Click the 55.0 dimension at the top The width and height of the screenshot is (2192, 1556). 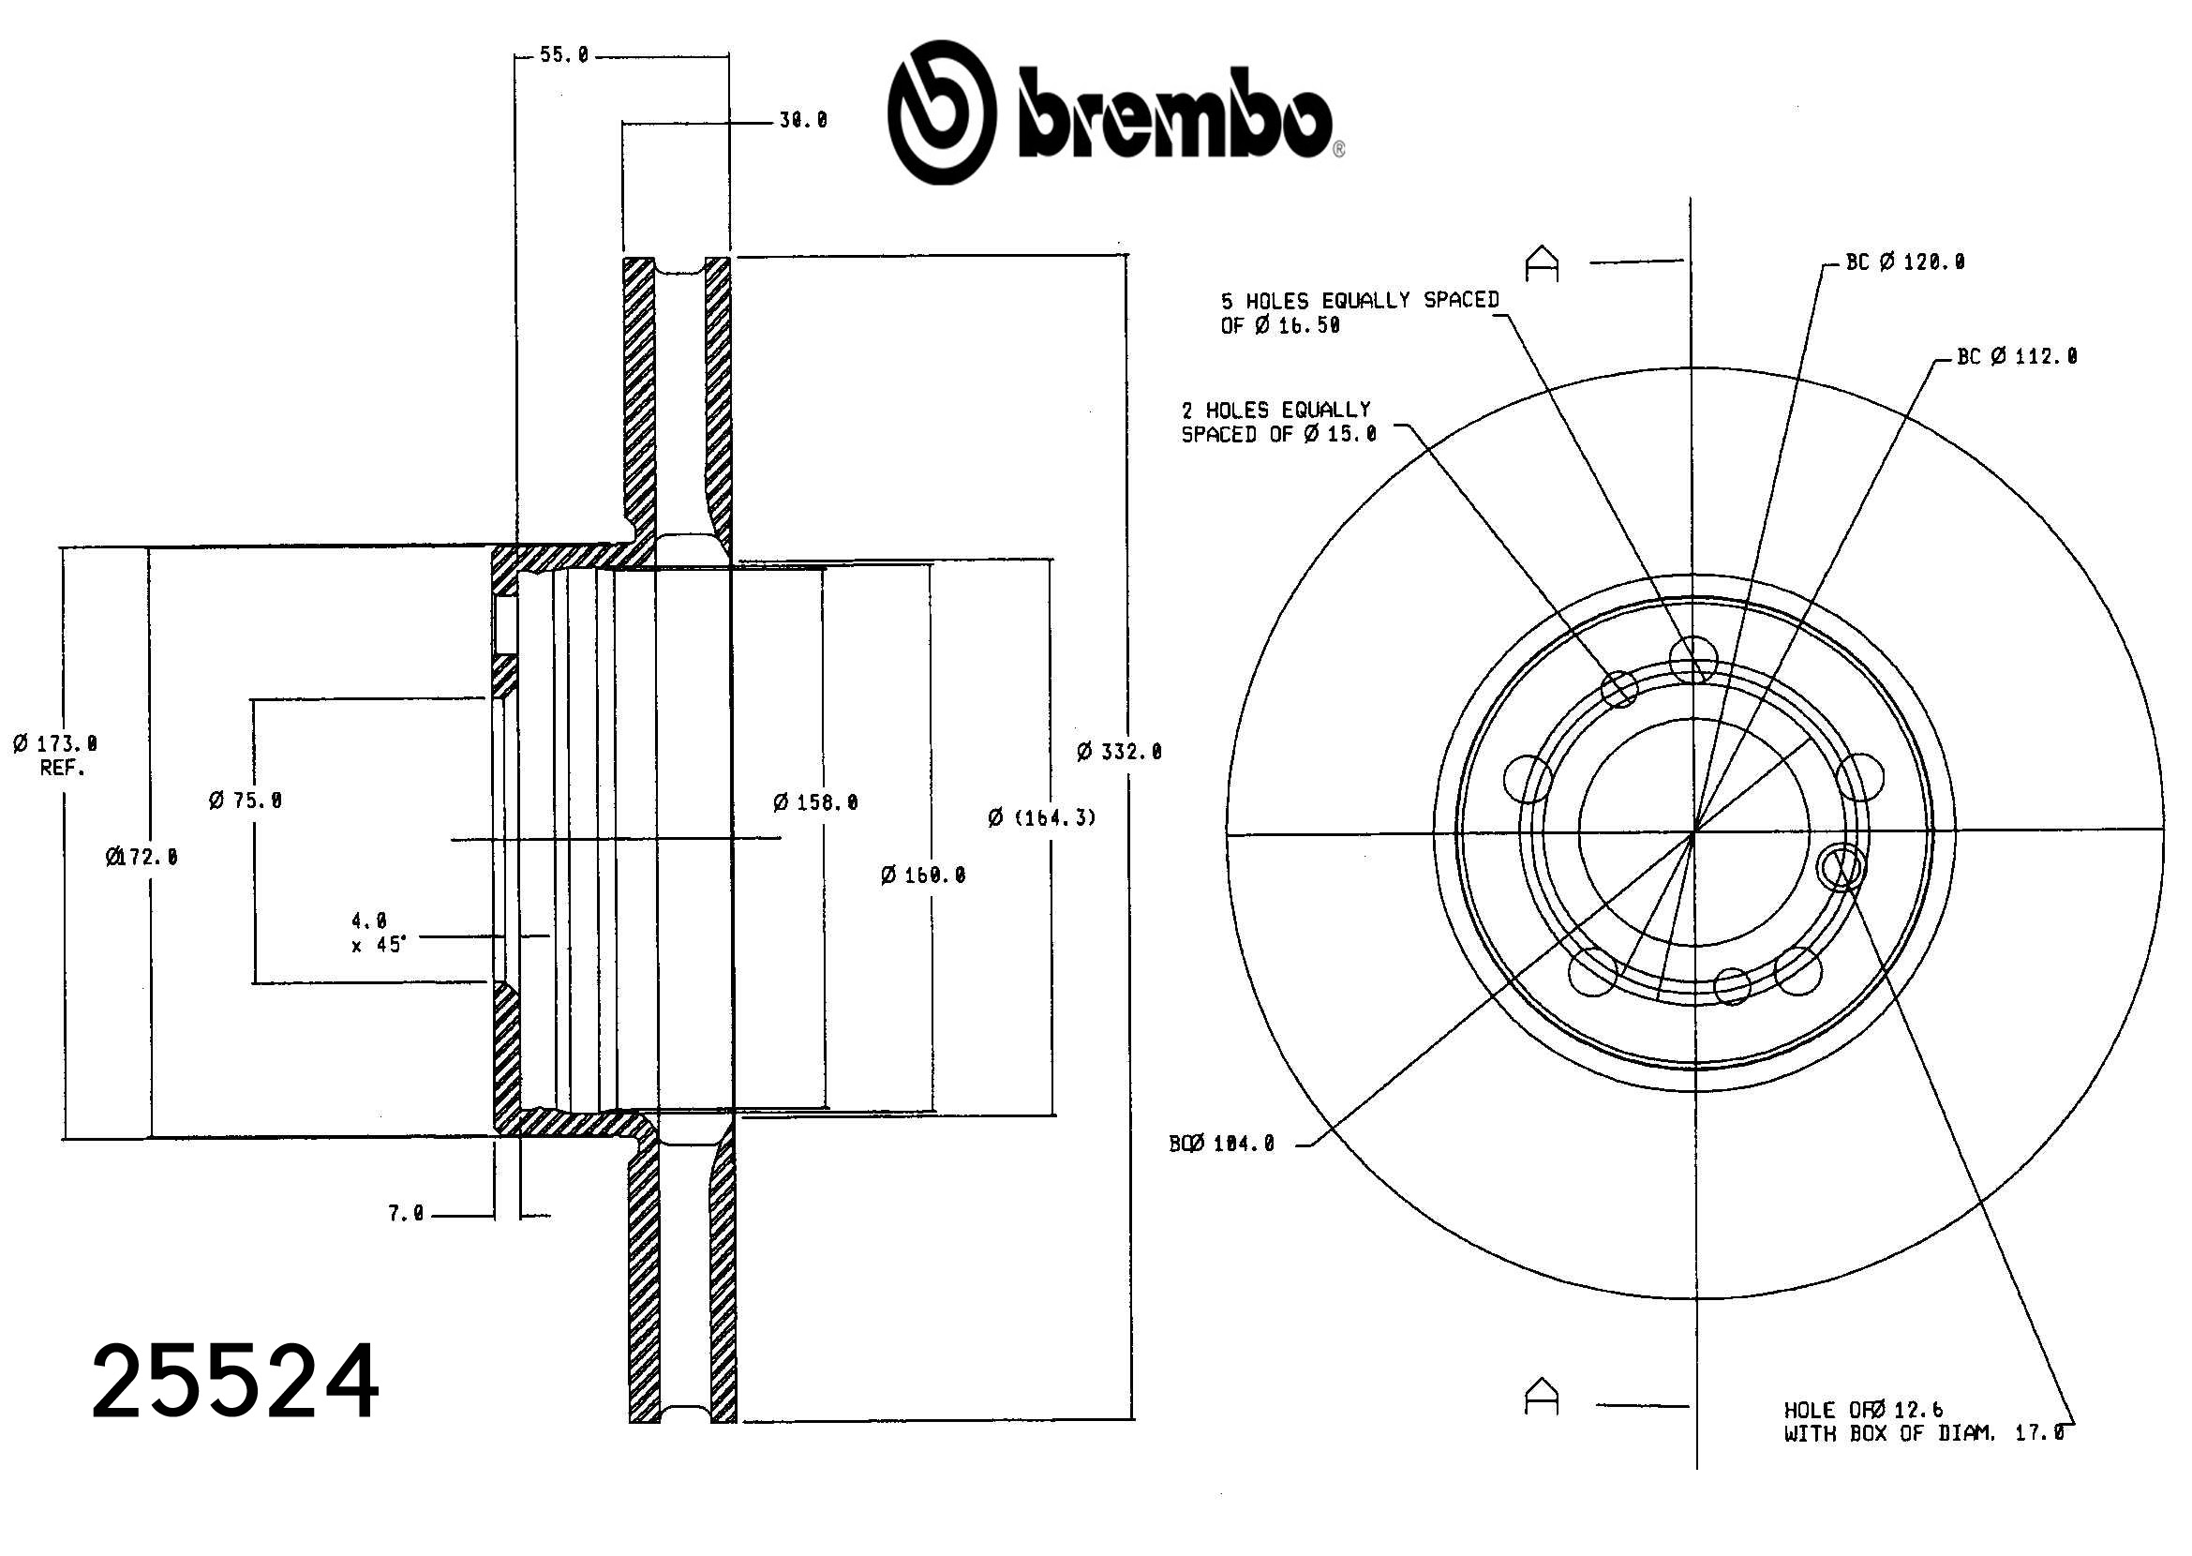(563, 55)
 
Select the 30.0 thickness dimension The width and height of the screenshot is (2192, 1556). (803, 121)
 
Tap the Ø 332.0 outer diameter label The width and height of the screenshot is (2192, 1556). (1119, 752)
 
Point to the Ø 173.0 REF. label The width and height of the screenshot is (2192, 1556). (55, 755)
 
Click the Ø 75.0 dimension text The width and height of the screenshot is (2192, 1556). (246, 800)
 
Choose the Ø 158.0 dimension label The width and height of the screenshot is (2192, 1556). (815, 803)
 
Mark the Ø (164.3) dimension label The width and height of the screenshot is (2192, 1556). (1041, 818)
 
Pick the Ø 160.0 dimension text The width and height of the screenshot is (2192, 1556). (922, 875)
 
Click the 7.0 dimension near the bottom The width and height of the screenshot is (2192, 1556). (405, 1214)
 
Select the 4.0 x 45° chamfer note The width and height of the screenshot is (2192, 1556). (378, 934)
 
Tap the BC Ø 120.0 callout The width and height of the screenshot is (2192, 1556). (1904, 262)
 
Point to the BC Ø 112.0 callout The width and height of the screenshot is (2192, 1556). (2017, 357)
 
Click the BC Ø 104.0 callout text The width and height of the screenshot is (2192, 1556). (1221, 1144)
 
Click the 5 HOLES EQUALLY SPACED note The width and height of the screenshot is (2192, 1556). (1359, 313)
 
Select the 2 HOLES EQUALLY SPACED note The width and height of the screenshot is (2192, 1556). (1277, 423)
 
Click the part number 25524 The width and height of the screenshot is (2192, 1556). (234, 1382)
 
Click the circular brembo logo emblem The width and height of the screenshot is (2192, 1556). (941, 112)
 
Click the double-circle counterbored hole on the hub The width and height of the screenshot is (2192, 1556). (1842, 867)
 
